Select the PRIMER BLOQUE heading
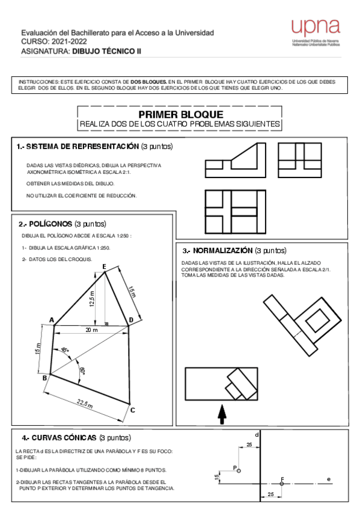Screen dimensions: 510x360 click(180, 114)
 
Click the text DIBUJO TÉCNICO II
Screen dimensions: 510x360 click(107, 52)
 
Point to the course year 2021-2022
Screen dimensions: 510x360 click(67, 41)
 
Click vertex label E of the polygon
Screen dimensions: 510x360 click(105, 266)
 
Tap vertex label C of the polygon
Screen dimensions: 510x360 click(133, 410)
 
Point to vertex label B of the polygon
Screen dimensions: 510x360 click(44, 378)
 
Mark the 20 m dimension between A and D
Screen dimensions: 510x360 click(91, 331)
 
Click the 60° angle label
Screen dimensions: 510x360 click(82, 371)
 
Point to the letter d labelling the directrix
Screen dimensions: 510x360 click(257, 434)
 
